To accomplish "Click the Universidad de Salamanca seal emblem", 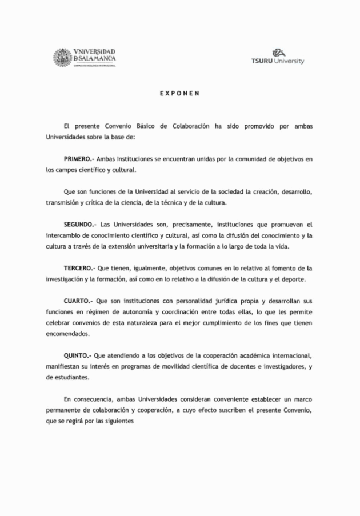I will pyautogui.click(x=62, y=58).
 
